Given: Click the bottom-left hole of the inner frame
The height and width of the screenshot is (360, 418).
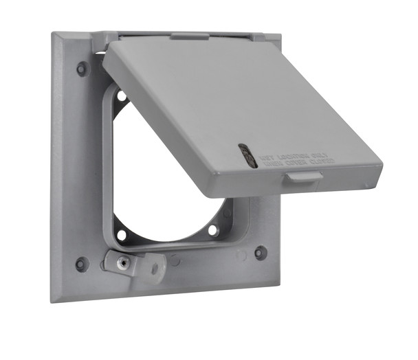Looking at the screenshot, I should point(122,235).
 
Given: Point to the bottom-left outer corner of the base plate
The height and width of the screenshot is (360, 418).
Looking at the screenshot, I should point(52,300).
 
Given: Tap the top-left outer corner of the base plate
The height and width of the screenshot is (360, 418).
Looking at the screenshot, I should point(54,36).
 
